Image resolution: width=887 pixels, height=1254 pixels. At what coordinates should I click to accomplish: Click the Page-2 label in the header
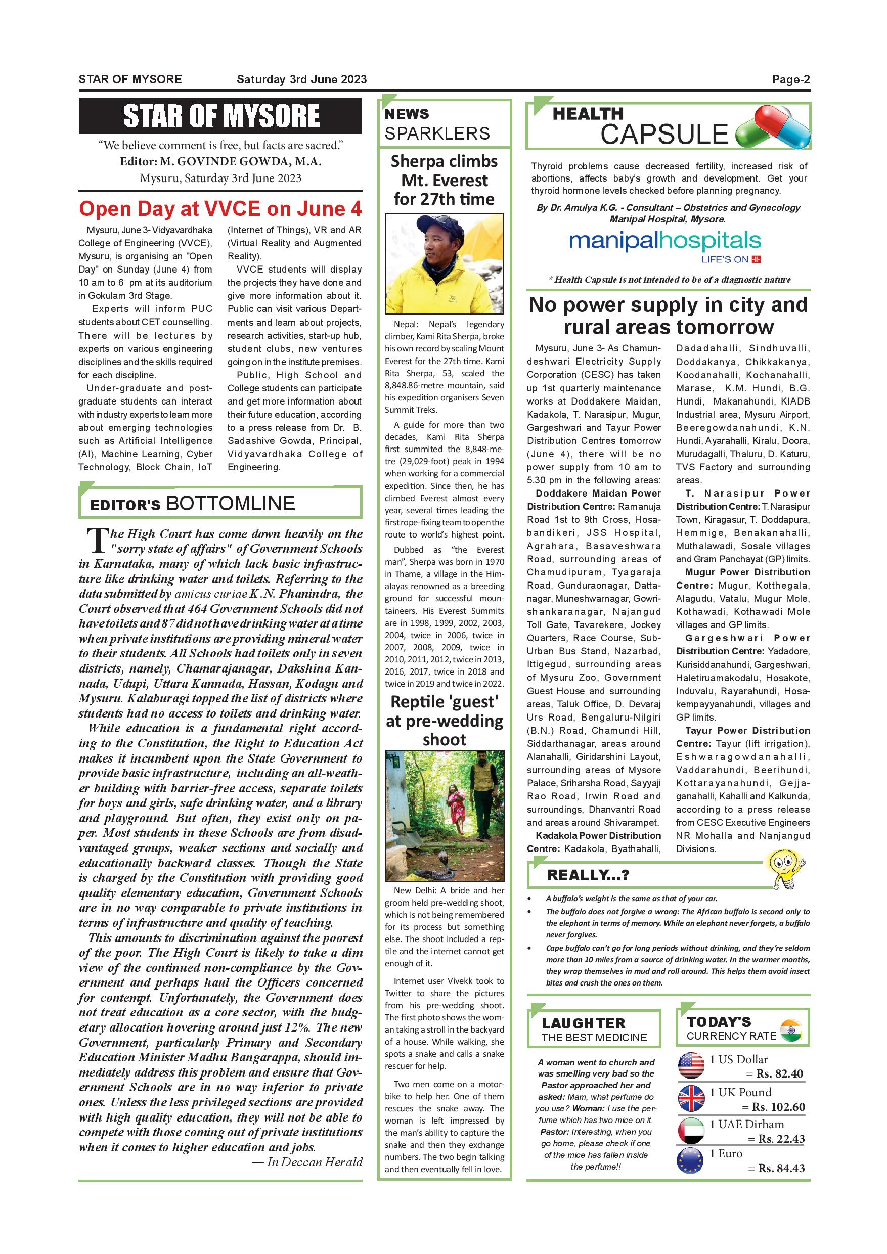tap(790, 80)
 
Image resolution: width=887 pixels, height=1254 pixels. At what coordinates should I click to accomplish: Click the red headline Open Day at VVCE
tap(220, 209)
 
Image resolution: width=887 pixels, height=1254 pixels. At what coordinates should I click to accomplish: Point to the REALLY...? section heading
tap(588, 875)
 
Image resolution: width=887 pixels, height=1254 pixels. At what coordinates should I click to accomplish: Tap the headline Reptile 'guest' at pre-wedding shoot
tap(444, 721)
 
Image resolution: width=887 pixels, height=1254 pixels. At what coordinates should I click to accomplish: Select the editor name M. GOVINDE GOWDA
tap(240, 162)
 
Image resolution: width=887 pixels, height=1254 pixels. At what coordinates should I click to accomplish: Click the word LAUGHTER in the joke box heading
tap(583, 1023)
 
